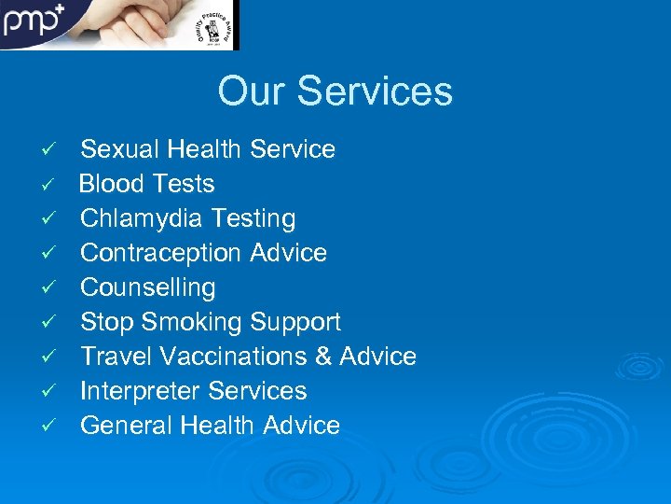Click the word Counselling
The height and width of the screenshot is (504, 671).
(x=148, y=287)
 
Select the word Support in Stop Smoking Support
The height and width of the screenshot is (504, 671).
(x=294, y=322)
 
